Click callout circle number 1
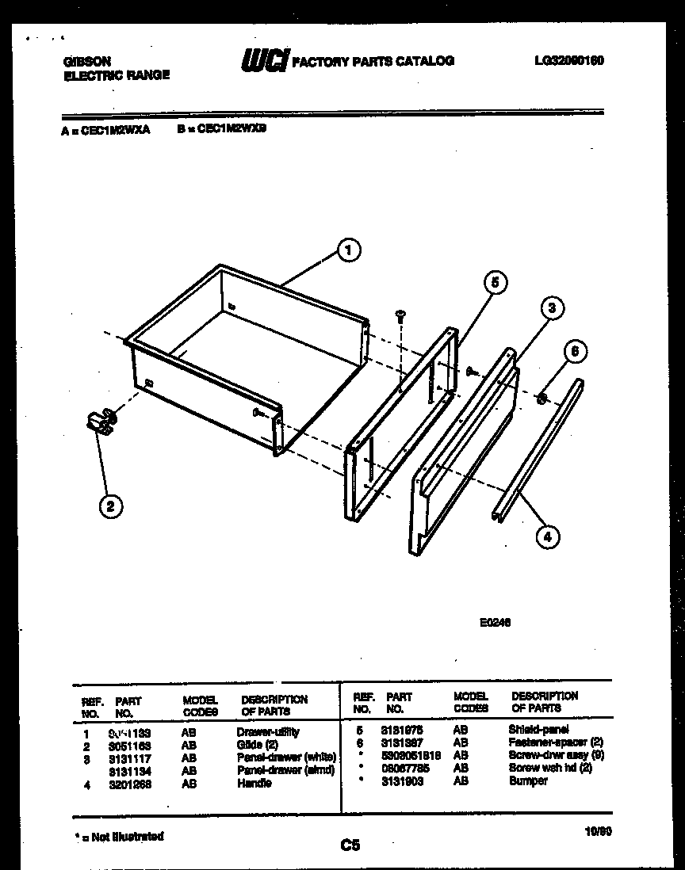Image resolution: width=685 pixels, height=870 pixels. [x=346, y=251]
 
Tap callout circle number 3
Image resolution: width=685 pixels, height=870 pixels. [x=552, y=308]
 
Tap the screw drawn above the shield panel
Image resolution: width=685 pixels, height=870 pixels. [x=400, y=316]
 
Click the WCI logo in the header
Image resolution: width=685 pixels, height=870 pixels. [x=263, y=61]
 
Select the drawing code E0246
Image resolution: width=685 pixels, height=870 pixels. [x=494, y=622]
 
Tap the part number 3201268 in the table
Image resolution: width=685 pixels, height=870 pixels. [x=130, y=784]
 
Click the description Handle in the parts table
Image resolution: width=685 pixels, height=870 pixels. [x=254, y=784]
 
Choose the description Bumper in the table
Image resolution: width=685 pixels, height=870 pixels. [x=528, y=781]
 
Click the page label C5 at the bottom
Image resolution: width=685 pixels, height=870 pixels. [x=350, y=845]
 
